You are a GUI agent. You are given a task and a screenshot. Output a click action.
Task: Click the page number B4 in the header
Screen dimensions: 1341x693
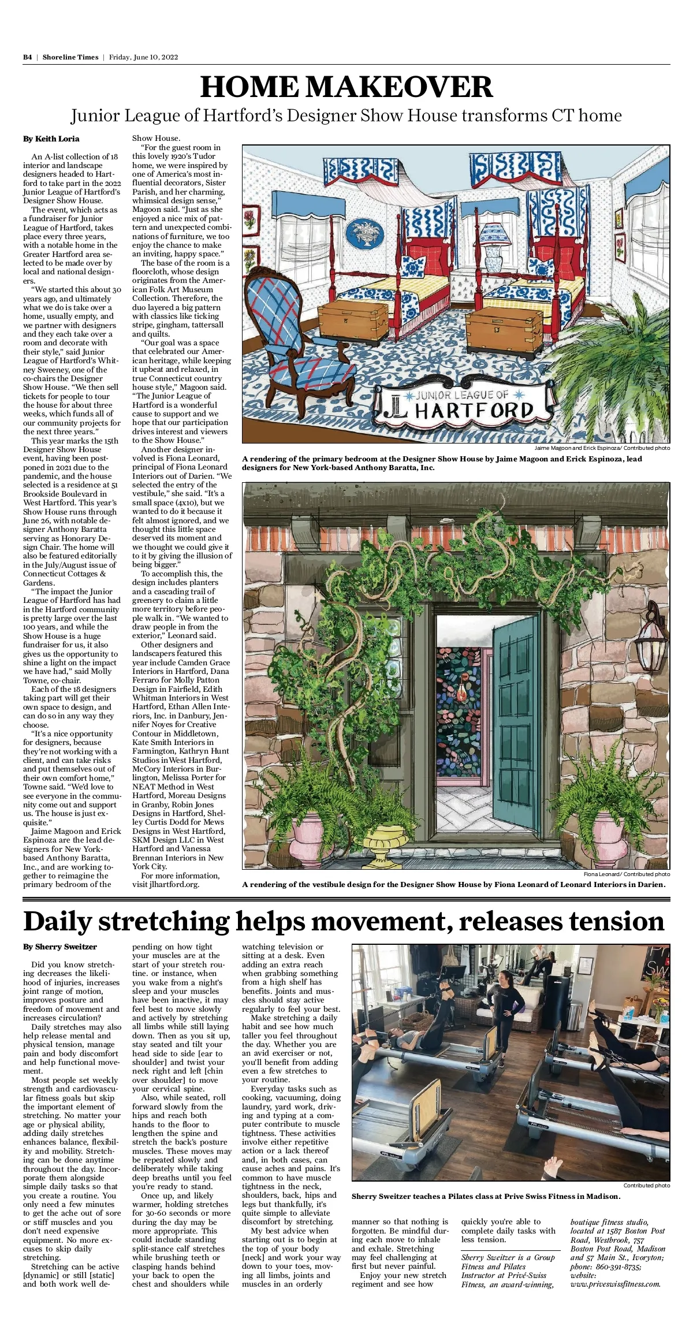point(27,57)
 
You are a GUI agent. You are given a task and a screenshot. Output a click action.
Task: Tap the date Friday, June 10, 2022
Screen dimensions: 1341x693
point(143,57)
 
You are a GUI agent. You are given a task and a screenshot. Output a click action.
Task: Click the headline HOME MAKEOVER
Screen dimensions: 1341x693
point(346,87)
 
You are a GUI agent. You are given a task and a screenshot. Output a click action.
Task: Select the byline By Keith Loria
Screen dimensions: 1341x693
point(51,139)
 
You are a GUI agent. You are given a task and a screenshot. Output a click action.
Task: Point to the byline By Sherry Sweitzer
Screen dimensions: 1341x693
point(60,947)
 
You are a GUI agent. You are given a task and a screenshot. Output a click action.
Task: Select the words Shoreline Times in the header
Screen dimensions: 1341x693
point(70,57)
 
